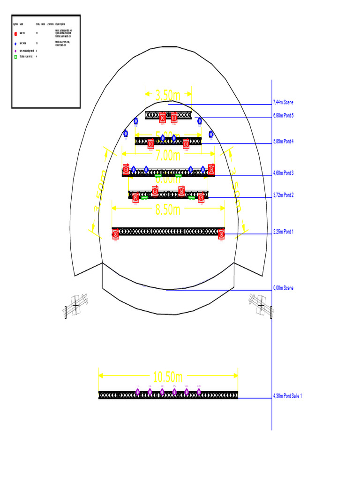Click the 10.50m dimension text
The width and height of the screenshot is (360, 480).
[x=167, y=377]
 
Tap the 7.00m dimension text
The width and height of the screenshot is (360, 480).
[x=167, y=155]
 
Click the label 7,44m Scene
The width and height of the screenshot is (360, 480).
[x=283, y=103]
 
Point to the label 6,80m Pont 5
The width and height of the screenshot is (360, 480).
[x=283, y=115]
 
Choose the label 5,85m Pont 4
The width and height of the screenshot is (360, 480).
[x=283, y=141]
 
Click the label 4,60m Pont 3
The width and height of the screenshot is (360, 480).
[x=283, y=173]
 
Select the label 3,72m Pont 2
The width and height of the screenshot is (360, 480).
[x=283, y=195]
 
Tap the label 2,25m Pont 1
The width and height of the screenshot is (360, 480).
[x=283, y=232]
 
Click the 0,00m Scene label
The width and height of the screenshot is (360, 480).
[x=283, y=288]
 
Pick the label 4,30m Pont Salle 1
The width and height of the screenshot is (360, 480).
[x=287, y=396]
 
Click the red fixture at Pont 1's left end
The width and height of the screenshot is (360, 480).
[x=116, y=233]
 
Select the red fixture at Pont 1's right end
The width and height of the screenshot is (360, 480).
[x=222, y=233]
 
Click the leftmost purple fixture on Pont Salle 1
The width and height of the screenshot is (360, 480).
[x=138, y=392]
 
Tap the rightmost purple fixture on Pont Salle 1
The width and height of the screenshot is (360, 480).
[x=199, y=392]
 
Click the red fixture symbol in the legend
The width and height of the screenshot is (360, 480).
[x=15, y=34]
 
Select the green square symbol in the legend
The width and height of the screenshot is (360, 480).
[x=15, y=57]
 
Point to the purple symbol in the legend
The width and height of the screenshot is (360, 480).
[x=15, y=51]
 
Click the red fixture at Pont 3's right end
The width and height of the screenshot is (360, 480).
[x=211, y=169]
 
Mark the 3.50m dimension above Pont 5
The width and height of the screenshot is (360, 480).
[x=167, y=96]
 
